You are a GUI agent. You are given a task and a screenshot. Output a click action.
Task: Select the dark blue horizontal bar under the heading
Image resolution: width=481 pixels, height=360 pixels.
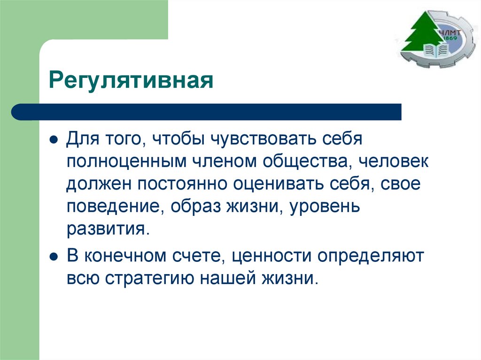click(207, 112)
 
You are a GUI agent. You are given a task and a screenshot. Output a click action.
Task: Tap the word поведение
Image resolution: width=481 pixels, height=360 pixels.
click(115, 207)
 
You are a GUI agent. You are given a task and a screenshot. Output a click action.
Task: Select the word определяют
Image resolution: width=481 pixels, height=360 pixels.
click(371, 256)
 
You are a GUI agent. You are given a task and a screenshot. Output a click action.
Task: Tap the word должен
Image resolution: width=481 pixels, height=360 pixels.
click(99, 184)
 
